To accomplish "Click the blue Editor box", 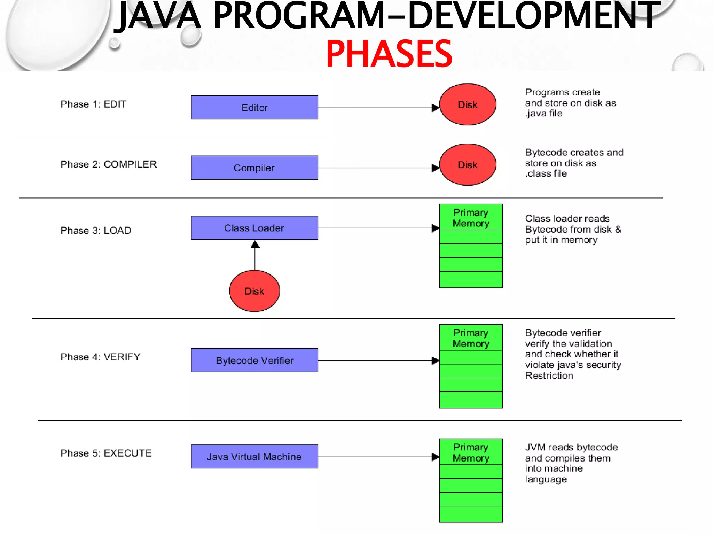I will pos(254,108).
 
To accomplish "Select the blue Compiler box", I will pos(254,168).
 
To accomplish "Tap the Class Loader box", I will pos(254,228).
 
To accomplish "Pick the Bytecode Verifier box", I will pos(254,360).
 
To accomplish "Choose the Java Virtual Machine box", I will pos(254,457).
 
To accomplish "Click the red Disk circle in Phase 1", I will pos(468,104).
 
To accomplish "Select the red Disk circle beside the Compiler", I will pos(468,165).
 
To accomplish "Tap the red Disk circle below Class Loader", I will pos(254,291).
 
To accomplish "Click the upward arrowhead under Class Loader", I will pos(255,245).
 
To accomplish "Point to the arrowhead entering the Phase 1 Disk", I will pos(435,108).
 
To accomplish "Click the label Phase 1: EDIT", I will pos(93,104).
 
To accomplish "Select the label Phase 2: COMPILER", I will pos(109,164).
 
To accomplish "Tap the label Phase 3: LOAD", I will pos(96,231).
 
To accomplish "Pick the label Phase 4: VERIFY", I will pos(100,357).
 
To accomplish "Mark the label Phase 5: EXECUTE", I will pos(106,453).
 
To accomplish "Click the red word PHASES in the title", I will pos(389,54).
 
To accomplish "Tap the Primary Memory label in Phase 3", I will pos(471,218).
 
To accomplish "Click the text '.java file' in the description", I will pos(544,114).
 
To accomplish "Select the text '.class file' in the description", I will pos(546,173).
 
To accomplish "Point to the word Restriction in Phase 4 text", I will pos(549,376).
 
